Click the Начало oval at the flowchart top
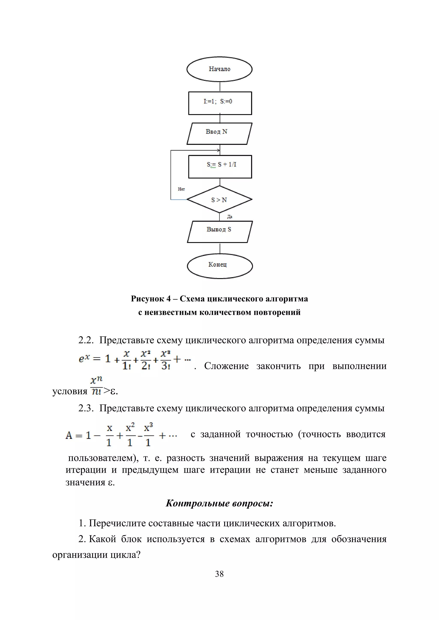(219, 69)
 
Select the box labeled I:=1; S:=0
(220, 103)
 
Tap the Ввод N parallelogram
(219, 133)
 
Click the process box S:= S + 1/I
(220, 167)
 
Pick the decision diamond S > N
(219, 200)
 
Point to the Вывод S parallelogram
(219, 232)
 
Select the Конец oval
(219, 266)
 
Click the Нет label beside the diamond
(181, 189)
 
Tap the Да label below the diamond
(230, 217)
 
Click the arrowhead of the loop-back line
(218, 150)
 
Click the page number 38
(219, 574)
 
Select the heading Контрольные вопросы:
(219, 503)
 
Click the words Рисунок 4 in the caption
(150, 299)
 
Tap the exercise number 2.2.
(86, 340)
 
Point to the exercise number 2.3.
(86, 408)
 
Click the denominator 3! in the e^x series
(165, 366)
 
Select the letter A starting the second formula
(69, 435)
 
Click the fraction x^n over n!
(96, 386)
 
